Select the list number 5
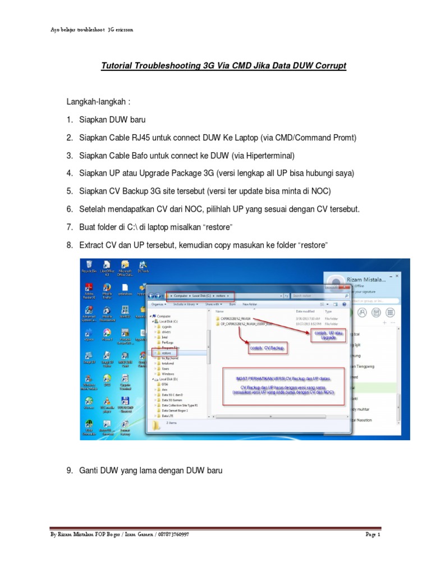click(70, 191)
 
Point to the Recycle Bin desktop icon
click(88, 267)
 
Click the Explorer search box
click(317, 295)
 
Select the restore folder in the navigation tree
click(167, 353)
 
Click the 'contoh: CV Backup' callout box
click(267, 349)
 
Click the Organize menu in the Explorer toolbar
click(157, 304)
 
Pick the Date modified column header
click(306, 311)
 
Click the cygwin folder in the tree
click(167, 326)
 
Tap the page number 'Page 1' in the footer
click(373, 535)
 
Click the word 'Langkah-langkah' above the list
click(96, 102)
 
